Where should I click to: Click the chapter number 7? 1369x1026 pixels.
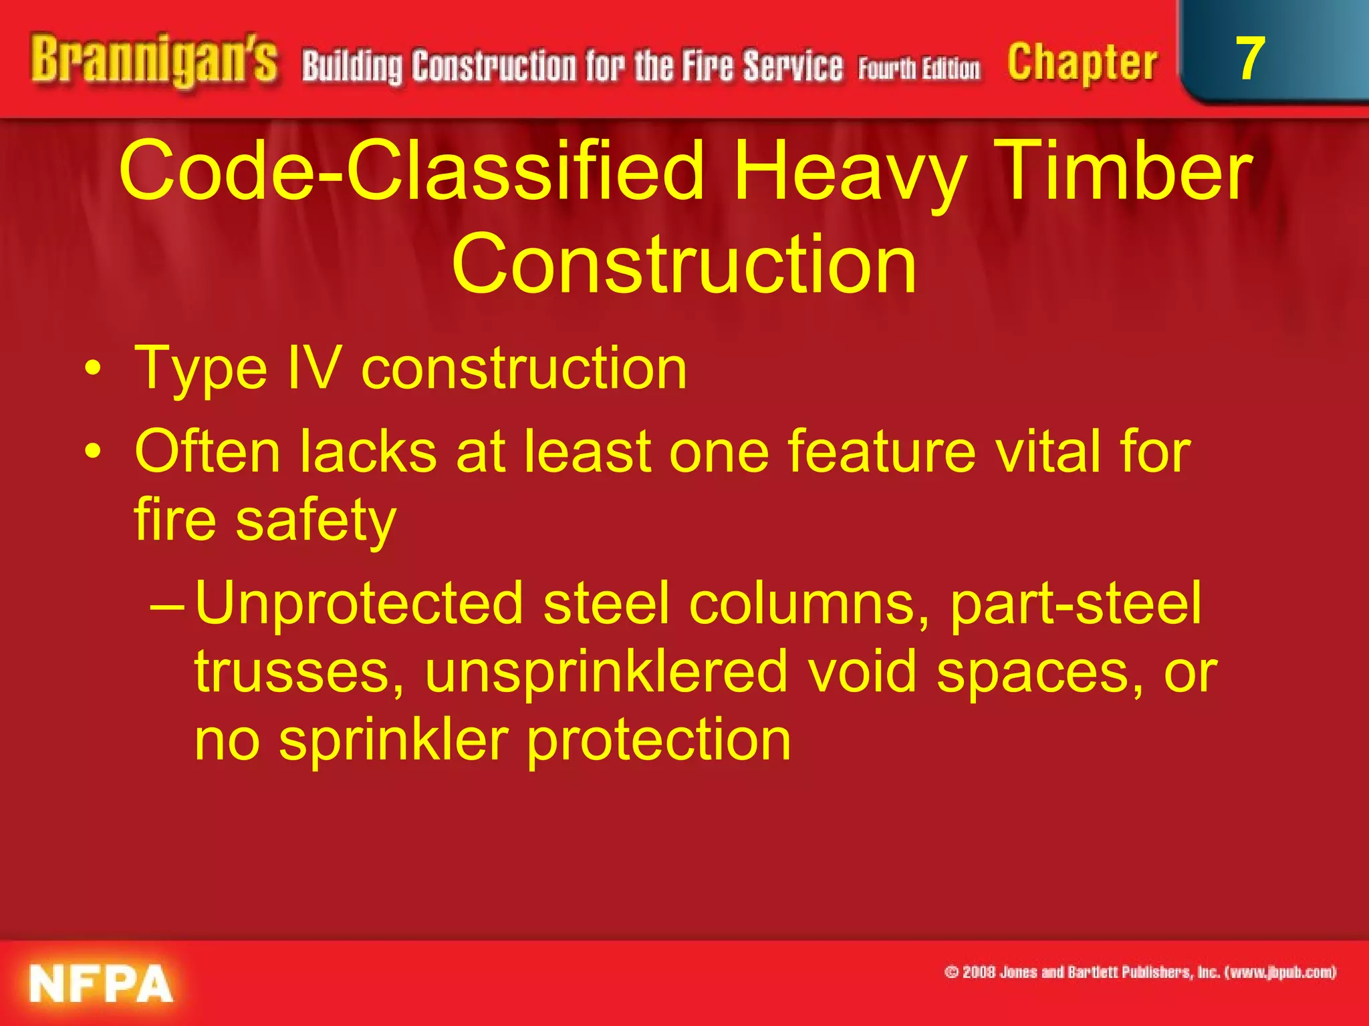(1249, 59)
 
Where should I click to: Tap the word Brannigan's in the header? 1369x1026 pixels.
(154, 61)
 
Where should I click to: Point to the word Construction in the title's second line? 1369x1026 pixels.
(684, 265)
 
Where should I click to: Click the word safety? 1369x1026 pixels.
(316, 520)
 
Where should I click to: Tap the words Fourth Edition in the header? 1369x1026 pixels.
(919, 69)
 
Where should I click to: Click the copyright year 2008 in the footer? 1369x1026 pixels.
(979, 973)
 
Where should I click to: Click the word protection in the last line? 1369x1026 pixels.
(658, 741)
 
